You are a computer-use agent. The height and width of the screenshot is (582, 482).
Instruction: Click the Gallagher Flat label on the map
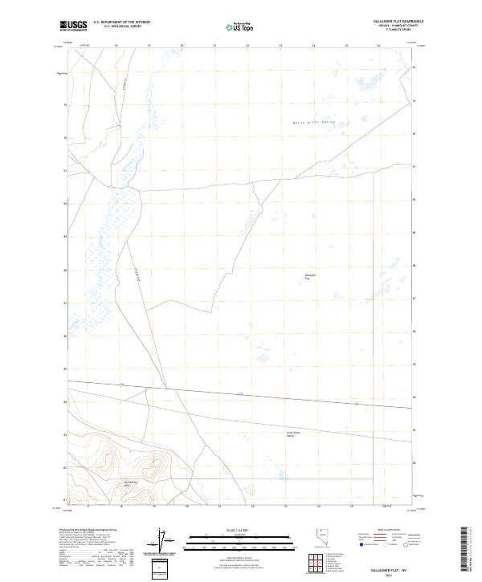[x=310, y=277]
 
